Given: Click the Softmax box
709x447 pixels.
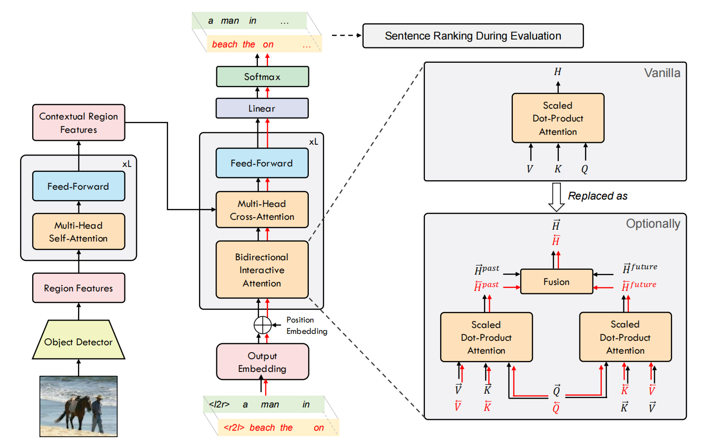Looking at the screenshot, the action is click(262, 77).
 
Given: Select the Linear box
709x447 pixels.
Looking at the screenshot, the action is click(262, 108).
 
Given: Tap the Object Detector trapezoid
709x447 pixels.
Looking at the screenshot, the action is click(79, 339).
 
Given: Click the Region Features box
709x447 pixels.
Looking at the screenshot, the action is click(79, 288).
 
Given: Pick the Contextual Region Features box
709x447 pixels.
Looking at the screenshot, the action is click(79, 123).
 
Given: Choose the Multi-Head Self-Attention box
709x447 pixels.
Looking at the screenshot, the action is click(79, 232).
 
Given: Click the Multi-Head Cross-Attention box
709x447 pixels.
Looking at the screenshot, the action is click(262, 210).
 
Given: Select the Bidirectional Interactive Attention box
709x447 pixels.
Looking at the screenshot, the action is click(262, 270).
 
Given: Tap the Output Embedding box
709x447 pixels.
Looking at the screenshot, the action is click(262, 362).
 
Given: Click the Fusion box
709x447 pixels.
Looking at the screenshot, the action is click(557, 282).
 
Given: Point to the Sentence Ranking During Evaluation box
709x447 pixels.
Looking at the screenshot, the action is click(473, 36).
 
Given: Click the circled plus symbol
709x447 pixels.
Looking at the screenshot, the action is click(263, 325).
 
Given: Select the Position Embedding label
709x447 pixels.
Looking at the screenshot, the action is click(306, 325).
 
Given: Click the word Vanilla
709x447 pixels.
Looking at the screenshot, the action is click(662, 73).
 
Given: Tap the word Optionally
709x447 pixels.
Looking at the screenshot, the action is click(653, 224).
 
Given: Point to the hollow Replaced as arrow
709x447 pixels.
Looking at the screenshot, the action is click(556, 197).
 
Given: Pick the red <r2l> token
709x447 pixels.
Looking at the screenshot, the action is click(234, 428).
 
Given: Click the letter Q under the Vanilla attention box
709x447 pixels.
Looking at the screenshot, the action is click(584, 169).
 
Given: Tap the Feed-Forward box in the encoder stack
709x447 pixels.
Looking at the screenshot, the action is click(79, 186).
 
